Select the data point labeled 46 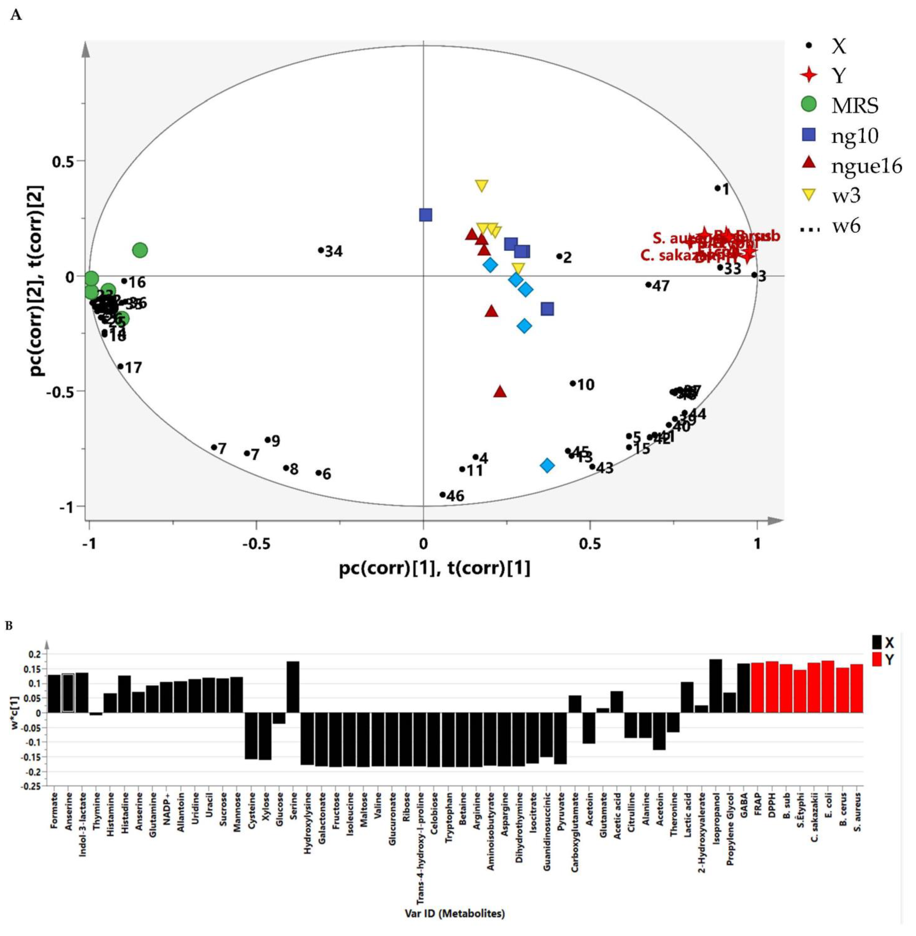point(443,495)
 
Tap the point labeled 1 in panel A point(717,188)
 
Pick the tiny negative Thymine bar point(96,714)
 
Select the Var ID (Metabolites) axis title point(455,912)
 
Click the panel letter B point(9,626)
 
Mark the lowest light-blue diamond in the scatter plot point(547,465)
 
